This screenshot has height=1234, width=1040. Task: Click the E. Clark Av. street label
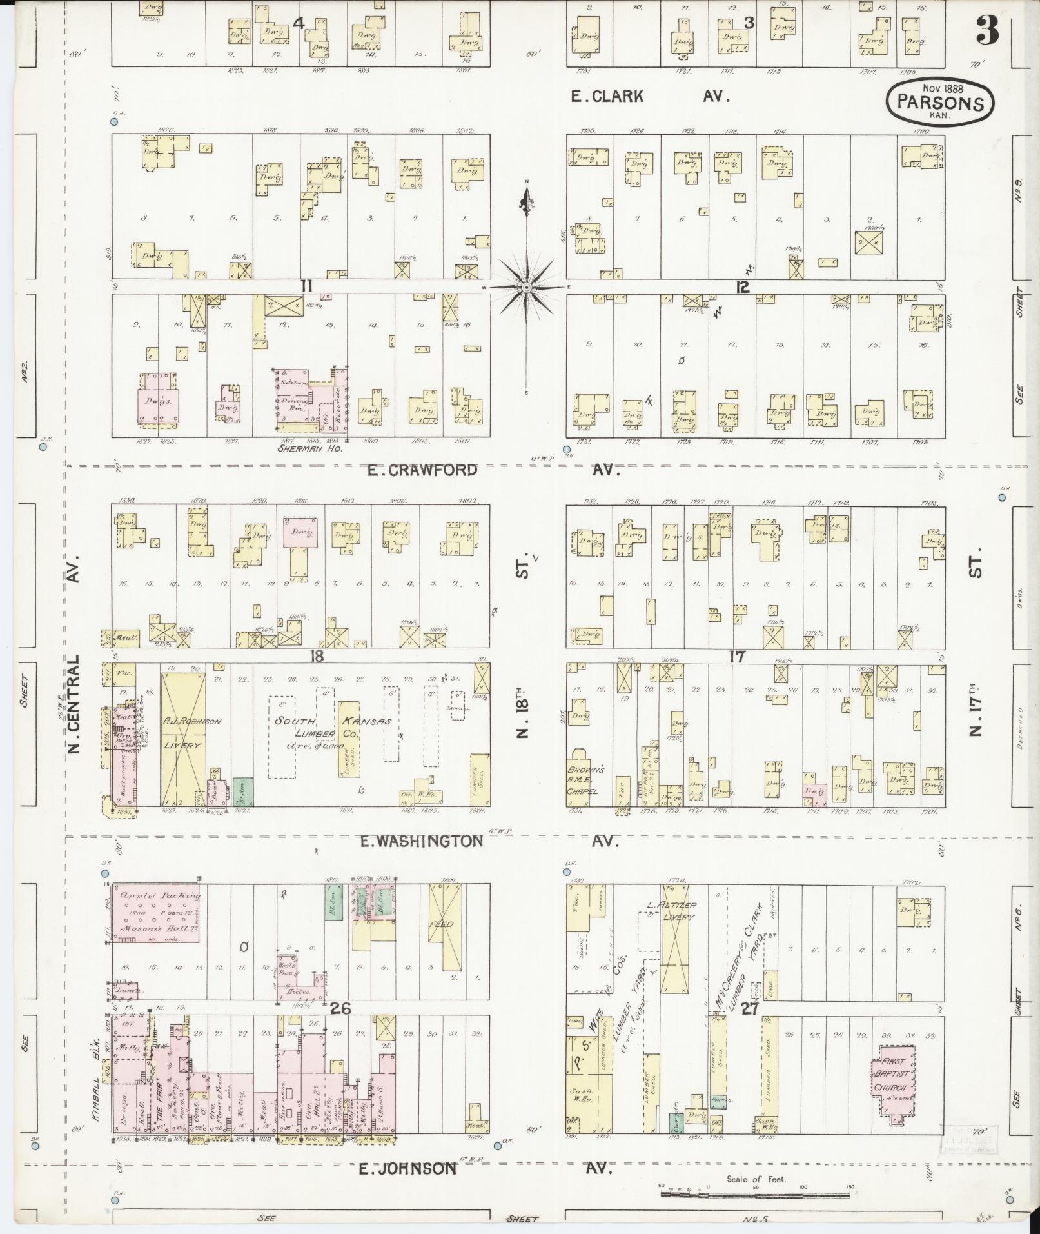pos(651,97)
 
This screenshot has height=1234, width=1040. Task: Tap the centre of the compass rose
pos(527,286)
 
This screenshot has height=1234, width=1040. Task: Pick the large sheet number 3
pos(987,31)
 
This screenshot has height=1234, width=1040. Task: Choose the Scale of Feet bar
pos(756,1193)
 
